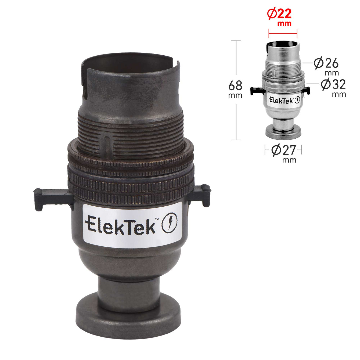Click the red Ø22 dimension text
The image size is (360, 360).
[279, 14]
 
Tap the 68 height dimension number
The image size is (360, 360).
[235, 85]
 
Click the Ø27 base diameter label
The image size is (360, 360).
[284, 150]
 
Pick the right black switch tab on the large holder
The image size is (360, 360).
[199, 195]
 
